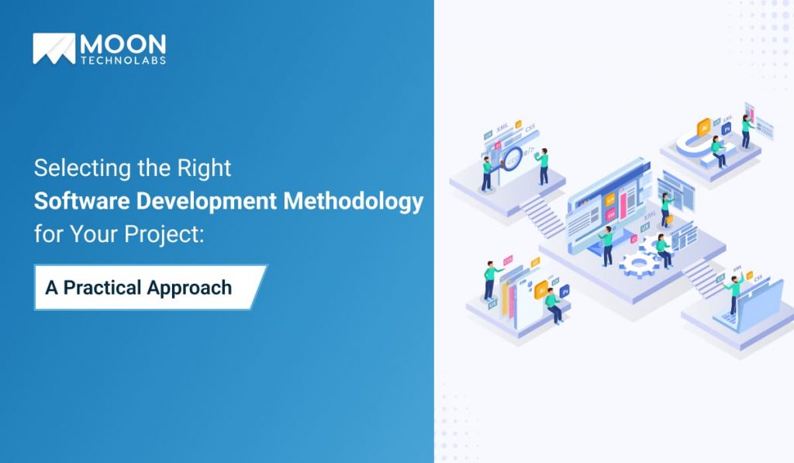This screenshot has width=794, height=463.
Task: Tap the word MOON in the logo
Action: tap(123, 43)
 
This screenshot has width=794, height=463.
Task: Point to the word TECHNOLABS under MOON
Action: tap(123, 60)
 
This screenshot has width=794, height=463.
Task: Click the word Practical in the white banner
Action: tap(113, 288)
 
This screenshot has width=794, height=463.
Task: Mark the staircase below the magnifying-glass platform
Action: tap(543, 214)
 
